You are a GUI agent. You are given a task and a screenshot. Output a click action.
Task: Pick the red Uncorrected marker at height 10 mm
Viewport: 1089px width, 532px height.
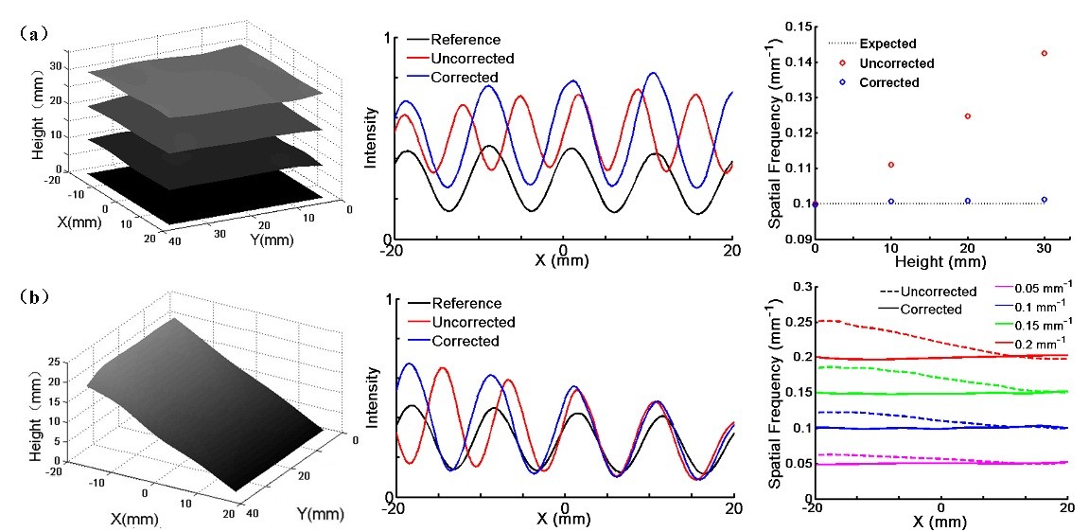coord(890,165)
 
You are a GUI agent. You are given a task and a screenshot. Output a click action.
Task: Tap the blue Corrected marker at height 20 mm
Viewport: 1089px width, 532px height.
coord(967,201)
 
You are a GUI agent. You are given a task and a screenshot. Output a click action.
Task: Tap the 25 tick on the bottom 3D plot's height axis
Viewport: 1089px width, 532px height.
coord(66,362)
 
